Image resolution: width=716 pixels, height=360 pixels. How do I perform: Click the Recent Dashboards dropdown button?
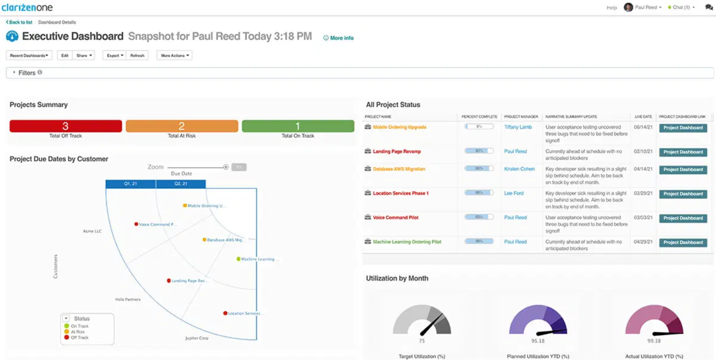click(29, 56)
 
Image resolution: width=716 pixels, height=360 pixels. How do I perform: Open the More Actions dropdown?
click(174, 56)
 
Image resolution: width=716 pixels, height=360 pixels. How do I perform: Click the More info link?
click(339, 38)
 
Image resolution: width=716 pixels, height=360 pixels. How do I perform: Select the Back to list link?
click(19, 23)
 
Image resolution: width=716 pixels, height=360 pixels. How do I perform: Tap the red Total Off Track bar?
click(66, 126)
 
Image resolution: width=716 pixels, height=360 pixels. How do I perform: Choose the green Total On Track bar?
click(298, 126)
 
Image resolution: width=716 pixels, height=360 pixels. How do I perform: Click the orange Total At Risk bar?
click(182, 126)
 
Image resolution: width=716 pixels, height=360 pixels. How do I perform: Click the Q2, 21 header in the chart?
click(180, 184)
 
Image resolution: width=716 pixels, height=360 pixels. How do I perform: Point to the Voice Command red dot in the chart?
click(136, 224)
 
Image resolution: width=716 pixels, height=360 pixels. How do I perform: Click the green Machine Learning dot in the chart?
click(239, 259)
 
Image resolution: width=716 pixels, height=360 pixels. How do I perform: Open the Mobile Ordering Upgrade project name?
click(399, 127)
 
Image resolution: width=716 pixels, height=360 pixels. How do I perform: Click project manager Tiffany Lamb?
click(518, 127)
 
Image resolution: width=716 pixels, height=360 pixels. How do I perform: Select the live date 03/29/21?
click(643, 193)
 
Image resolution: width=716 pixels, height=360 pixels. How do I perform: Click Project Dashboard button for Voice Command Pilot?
click(682, 218)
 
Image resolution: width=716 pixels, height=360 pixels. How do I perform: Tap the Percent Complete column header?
click(479, 117)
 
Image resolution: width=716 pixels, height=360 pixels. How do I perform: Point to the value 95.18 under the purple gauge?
click(538, 341)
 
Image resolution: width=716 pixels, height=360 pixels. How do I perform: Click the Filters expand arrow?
click(14, 72)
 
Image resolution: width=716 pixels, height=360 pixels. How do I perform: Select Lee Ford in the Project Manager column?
click(513, 193)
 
